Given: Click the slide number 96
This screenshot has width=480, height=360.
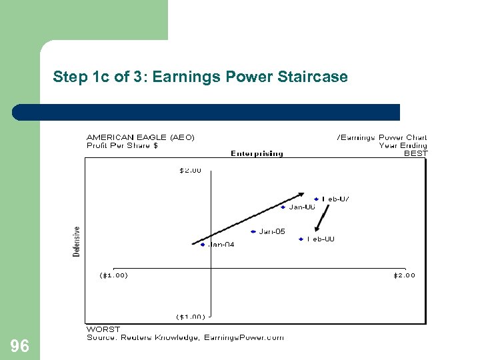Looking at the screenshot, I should [x=20, y=345].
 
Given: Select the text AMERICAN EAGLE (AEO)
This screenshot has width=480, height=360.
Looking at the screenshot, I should [x=141, y=137].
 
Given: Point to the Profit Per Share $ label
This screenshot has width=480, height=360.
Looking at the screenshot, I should [x=122, y=145].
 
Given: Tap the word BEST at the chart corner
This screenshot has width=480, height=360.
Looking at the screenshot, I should [x=416, y=153].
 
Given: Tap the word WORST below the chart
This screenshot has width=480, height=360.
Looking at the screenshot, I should [x=103, y=329].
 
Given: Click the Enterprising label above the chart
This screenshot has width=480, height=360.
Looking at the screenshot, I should [x=257, y=153].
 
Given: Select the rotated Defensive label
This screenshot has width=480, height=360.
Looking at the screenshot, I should [x=77, y=241].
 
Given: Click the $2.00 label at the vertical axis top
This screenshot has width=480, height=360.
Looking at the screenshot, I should [x=190, y=171].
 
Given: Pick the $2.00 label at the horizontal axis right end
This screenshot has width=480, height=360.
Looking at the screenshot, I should [x=403, y=275].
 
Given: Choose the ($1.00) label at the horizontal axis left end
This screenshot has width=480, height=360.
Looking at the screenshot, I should [x=113, y=275].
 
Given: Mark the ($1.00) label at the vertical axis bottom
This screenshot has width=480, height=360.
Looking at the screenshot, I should [x=190, y=317].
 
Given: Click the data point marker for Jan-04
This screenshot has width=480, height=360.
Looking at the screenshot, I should [x=203, y=245].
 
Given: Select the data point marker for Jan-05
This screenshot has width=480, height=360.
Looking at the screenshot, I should [x=253, y=232].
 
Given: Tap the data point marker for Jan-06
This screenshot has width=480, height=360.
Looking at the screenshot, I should [x=283, y=207].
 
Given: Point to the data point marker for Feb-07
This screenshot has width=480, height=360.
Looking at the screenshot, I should [x=317, y=199].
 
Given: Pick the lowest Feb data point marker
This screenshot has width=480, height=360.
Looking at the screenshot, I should [x=301, y=239].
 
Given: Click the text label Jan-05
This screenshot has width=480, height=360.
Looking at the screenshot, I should [x=272, y=231].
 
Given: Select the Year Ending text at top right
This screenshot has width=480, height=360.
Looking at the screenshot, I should [x=403, y=145].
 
